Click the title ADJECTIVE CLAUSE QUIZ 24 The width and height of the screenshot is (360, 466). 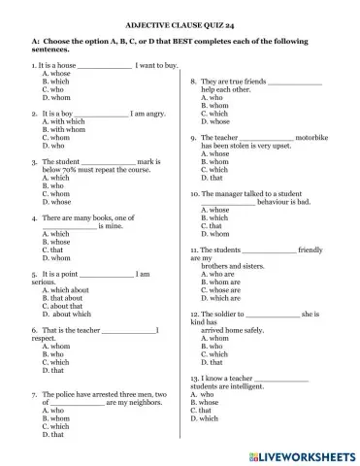pyautogui.click(x=180, y=19)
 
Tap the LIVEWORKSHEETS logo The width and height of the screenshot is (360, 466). pyautogui.click(x=300, y=454)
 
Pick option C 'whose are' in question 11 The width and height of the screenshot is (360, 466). pyautogui.click(x=224, y=290)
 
